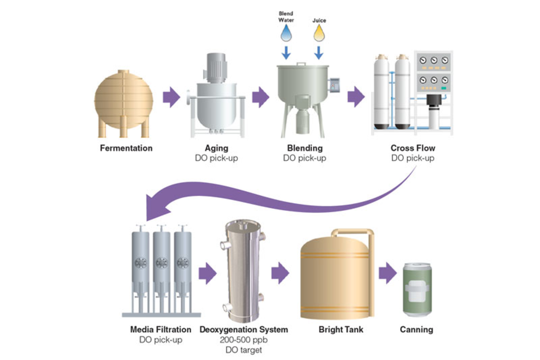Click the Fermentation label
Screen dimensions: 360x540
pos(126,148)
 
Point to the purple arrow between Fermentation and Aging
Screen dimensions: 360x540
pos(171,97)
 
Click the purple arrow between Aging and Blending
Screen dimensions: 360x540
pos(261,97)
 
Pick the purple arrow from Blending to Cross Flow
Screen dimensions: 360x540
pos(356,97)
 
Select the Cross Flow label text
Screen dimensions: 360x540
pos(413,148)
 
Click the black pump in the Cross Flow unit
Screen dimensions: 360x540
pos(434,102)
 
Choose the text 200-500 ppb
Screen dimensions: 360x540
pos(244,340)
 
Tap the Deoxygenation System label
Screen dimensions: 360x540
pos(244,330)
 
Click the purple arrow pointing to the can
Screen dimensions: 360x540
pos(388,273)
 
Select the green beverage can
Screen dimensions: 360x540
pos(417,290)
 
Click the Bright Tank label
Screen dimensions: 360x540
pos(341,330)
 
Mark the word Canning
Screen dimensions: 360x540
pos(416,330)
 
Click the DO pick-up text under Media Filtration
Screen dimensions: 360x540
pos(161,340)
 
